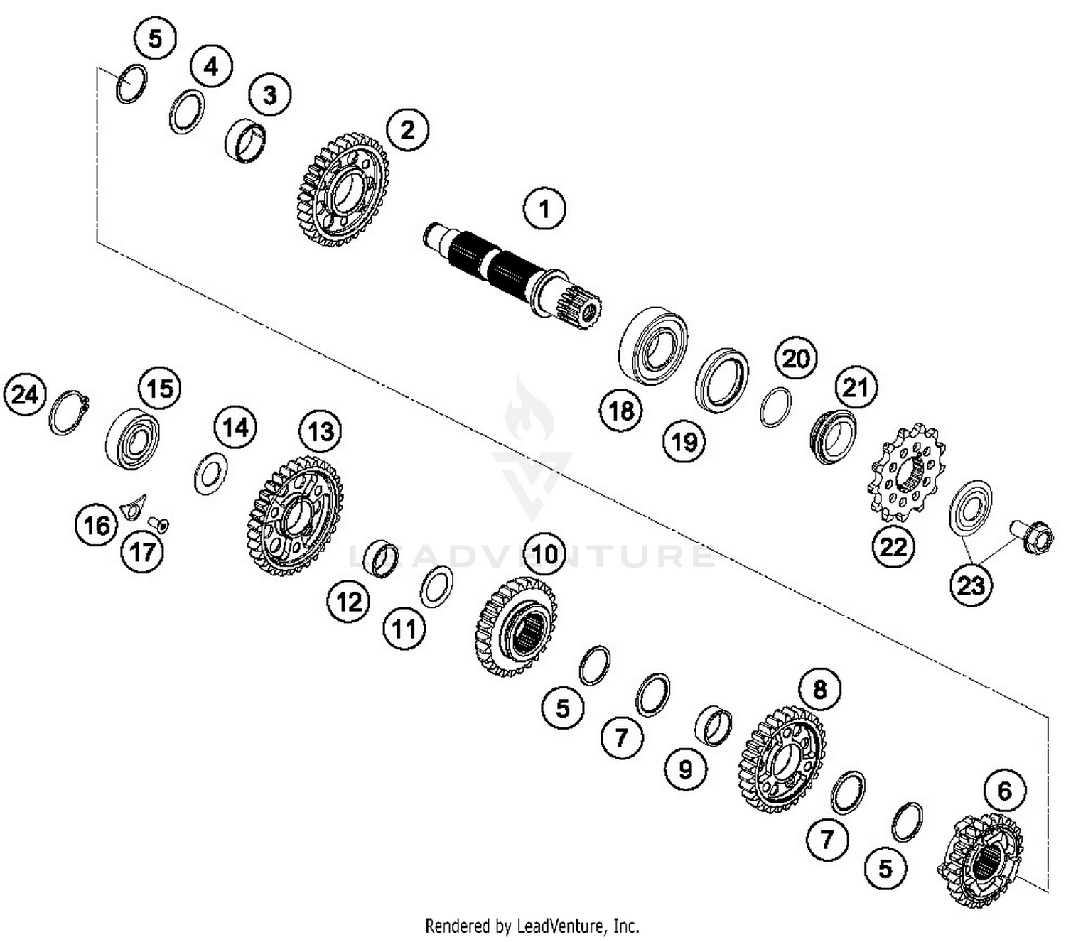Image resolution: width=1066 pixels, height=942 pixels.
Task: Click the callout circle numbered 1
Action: pos(544,209)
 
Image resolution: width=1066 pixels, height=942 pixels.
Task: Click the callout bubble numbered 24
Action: pos(25,394)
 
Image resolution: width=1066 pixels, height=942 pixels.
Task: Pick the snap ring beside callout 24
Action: pos(68,413)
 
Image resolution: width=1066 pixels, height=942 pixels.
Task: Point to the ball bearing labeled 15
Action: pos(132,438)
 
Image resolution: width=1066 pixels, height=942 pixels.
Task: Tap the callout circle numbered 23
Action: pos(971,585)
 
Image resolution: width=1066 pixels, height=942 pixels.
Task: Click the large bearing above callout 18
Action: pos(653,345)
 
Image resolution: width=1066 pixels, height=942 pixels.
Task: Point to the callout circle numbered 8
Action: pos(819,689)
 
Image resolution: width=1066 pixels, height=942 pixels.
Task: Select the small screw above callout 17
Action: pos(158,525)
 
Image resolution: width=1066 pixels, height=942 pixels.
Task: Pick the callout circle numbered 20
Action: pos(795,358)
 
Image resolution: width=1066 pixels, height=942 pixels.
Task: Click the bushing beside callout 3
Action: pos(245,141)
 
